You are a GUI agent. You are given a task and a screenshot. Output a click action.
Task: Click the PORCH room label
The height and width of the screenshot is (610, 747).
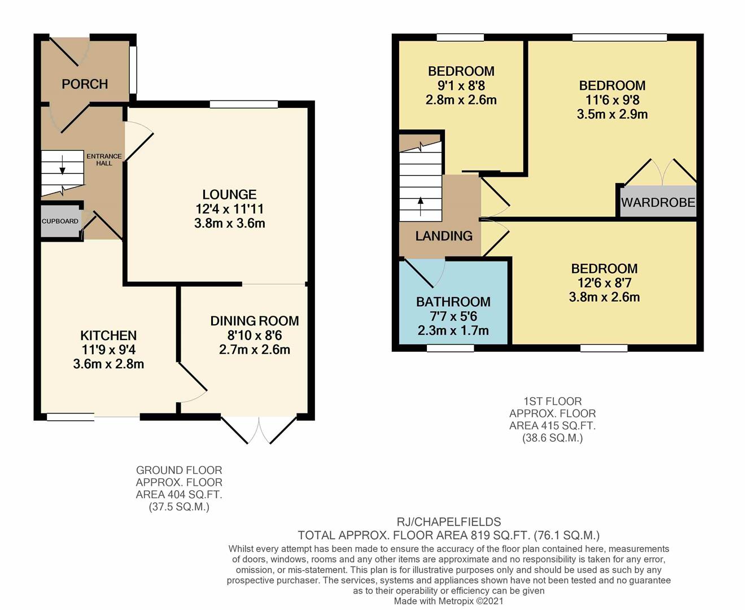pyautogui.click(x=85, y=84)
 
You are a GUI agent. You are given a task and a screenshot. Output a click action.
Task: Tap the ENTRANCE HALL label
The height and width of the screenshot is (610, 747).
pyautogui.click(x=104, y=160)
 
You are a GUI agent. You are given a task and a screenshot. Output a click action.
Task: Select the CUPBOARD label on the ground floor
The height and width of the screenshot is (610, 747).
pyautogui.click(x=60, y=221)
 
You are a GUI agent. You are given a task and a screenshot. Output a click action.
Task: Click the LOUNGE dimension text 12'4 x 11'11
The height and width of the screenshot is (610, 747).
pyautogui.click(x=229, y=209)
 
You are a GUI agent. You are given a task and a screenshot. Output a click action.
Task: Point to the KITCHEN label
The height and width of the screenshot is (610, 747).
pyautogui.click(x=108, y=335)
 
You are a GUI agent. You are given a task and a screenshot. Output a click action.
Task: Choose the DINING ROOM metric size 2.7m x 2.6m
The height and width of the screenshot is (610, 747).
pyautogui.click(x=254, y=350)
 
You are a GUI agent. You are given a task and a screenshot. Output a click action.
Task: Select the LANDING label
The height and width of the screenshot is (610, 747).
pyautogui.click(x=444, y=236)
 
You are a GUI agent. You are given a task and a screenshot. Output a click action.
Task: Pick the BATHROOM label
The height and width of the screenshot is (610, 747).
pyautogui.click(x=453, y=302)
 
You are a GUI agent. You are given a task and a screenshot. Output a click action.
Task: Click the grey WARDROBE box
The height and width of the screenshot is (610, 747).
pyautogui.click(x=658, y=202)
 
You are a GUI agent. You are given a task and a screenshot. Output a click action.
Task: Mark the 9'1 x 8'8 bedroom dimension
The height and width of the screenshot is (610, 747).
pyautogui.click(x=461, y=86)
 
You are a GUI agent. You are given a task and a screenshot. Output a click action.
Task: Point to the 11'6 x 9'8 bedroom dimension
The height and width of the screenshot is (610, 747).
pyautogui.click(x=612, y=100)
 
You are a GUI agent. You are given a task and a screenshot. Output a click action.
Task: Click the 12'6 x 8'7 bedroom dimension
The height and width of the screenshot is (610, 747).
pyautogui.click(x=604, y=283)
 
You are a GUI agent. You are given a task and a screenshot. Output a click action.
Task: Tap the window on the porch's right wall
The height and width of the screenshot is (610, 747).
pyautogui.click(x=133, y=69)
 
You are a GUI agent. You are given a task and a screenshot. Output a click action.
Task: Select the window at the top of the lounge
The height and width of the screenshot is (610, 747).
pyautogui.click(x=243, y=104)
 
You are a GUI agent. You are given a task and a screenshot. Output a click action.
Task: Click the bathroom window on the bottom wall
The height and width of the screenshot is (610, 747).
pyautogui.click(x=450, y=348)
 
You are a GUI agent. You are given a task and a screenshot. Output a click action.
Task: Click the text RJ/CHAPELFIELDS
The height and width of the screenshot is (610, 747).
pyautogui.click(x=448, y=522)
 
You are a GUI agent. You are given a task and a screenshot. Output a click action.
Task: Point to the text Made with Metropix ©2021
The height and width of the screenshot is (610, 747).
pyautogui.click(x=448, y=601)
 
